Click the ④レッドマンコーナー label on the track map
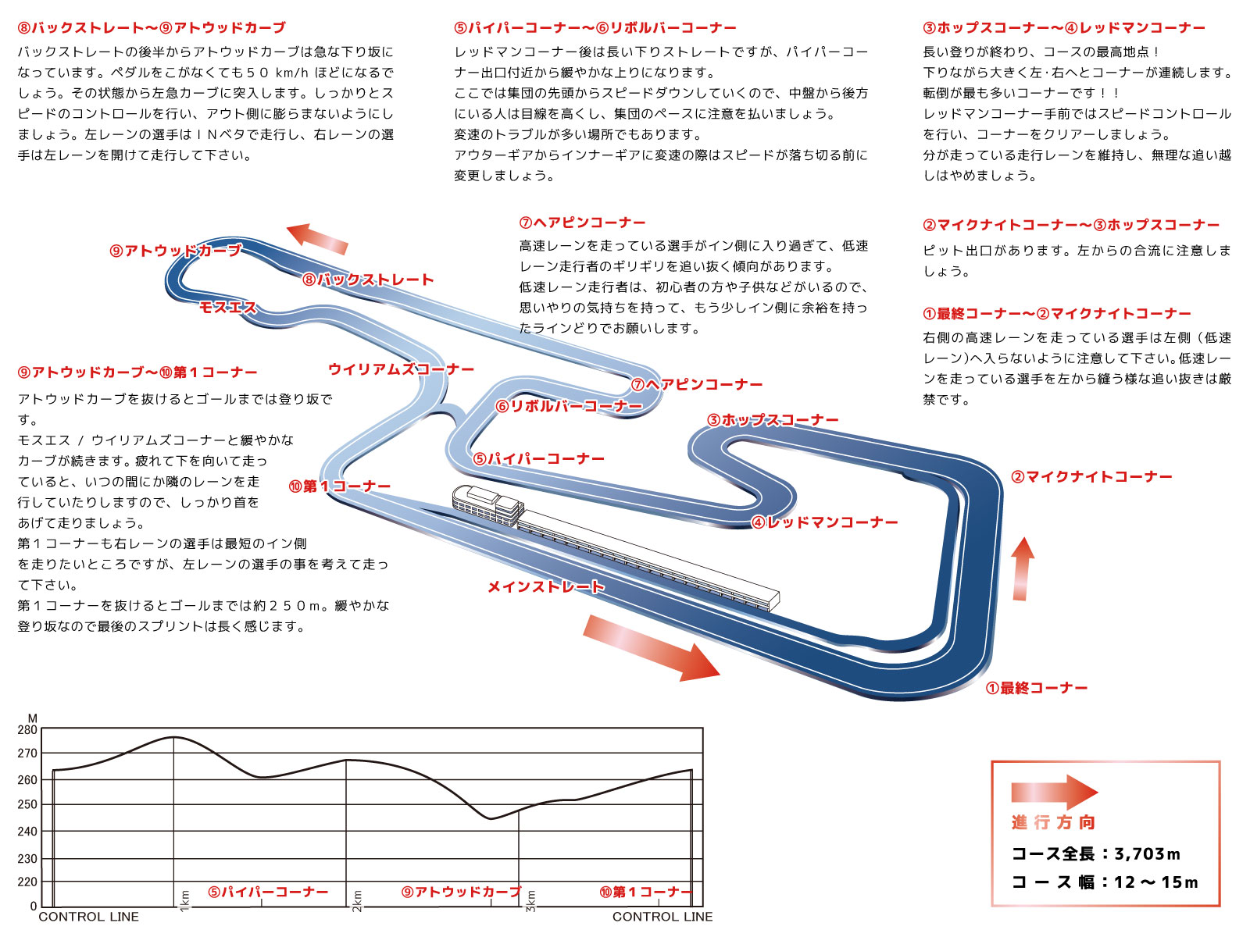(825, 522)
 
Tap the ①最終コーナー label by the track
(1037, 688)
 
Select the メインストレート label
(546, 586)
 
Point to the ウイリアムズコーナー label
(401, 369)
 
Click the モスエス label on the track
(227, 308)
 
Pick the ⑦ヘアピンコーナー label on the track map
(697, 384)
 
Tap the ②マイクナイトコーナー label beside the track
(1091, 477)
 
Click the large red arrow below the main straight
(650, 647)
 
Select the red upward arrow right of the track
(1022, 568)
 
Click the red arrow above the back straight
(317, 237)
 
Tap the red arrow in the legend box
(1054, 792)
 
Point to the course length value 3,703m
(1147, 853)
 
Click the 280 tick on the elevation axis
(27, 730)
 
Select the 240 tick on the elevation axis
(27, 832)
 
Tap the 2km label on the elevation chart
(358, 900)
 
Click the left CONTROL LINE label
(88, 917)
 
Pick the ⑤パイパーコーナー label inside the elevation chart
(268, 892)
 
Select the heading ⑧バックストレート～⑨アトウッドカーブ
(152, 28)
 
